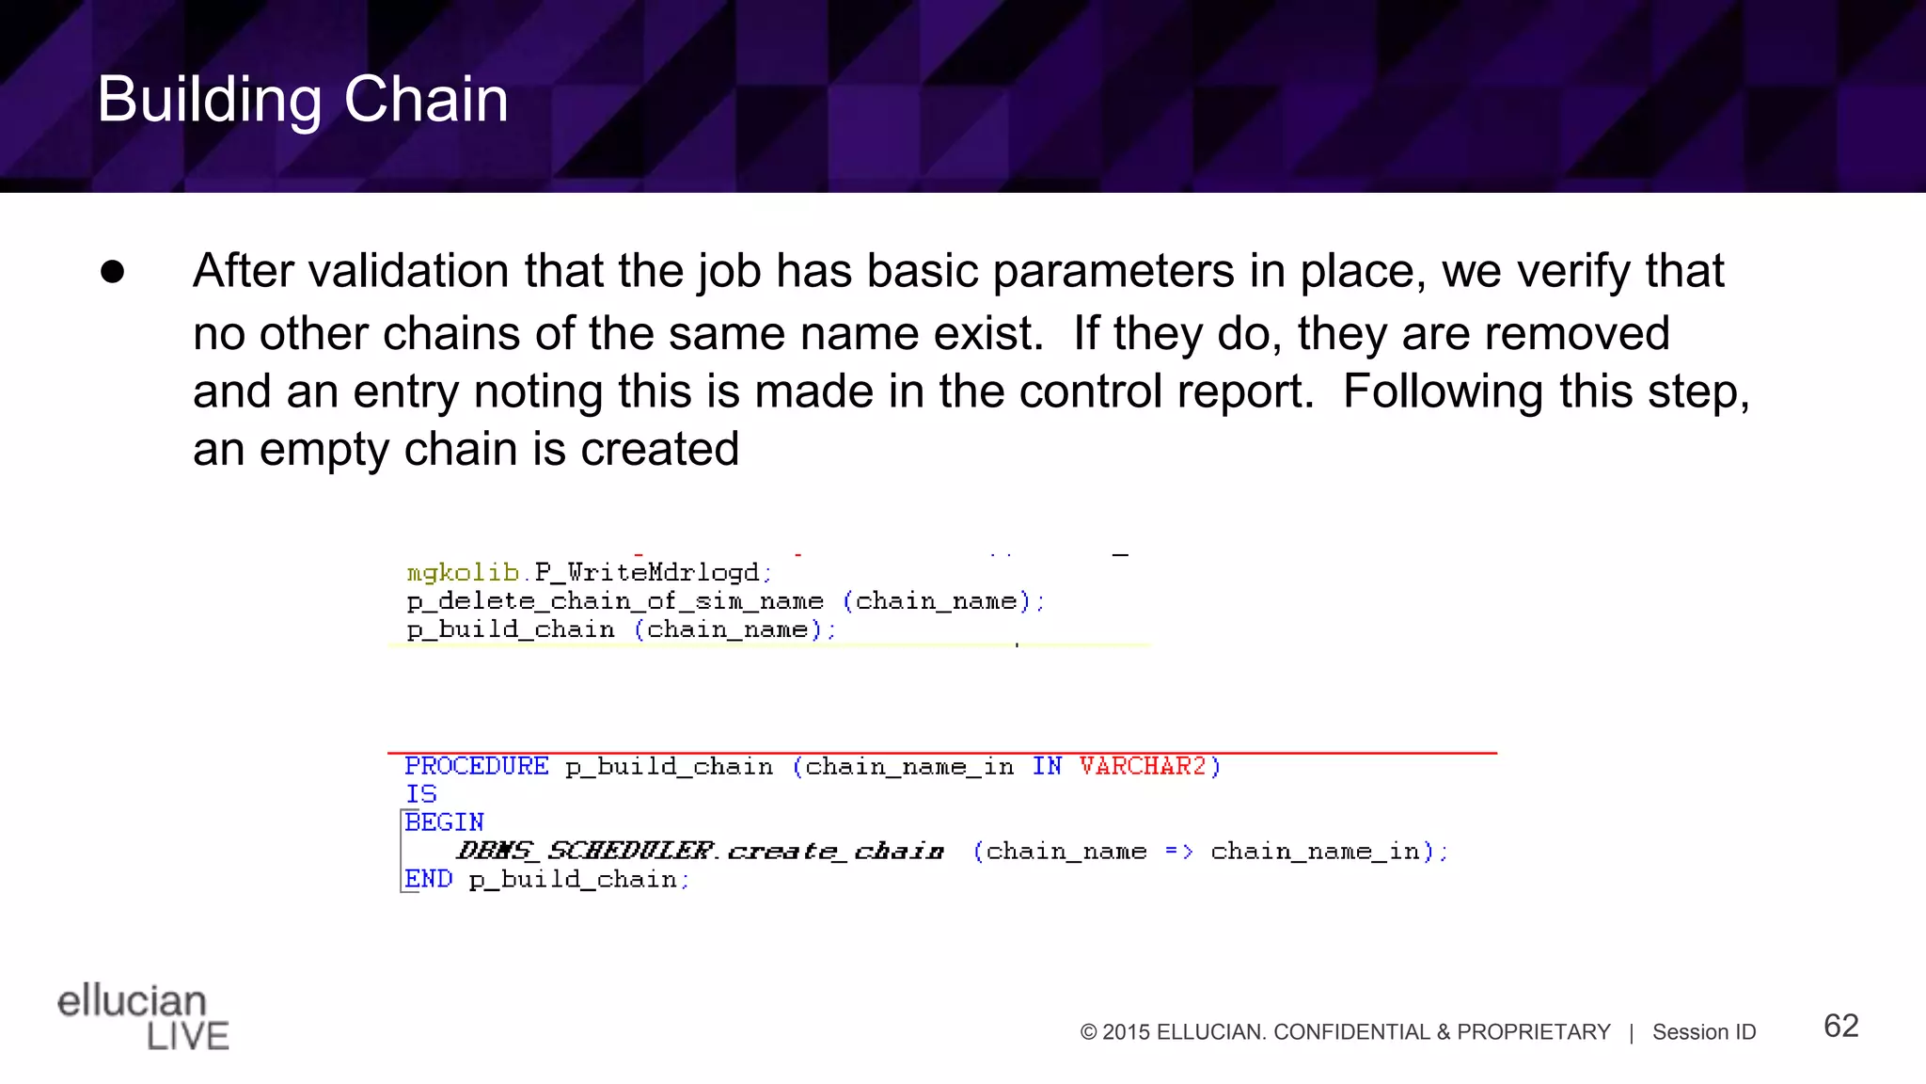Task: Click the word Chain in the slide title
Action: point(426,100)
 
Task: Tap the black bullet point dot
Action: point(113,272)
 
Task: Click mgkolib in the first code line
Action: point(463,573)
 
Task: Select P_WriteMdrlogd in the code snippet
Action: point(647,573)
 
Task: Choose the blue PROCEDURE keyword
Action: point(477,767)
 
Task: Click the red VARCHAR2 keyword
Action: point(1143,767)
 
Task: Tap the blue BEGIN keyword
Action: point(445,823)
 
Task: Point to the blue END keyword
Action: point(429,879)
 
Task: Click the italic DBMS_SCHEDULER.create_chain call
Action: point(701,852)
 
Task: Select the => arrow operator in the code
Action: point(1178,852)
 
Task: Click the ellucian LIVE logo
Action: point(143,1017)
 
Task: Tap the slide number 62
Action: point(1840,1026)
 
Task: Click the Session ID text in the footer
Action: point(1704,1032)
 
